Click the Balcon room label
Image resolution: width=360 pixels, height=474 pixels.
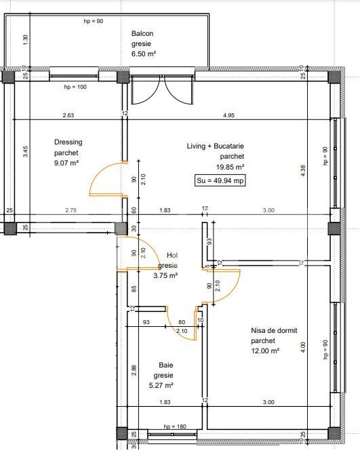click(142, 33)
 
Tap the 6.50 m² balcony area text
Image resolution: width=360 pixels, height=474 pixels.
click(144, 54)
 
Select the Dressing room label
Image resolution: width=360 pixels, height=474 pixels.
click(68, 142)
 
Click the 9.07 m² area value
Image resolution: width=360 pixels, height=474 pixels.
click(66, 163)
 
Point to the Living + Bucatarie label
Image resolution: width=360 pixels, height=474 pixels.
click(216, 146)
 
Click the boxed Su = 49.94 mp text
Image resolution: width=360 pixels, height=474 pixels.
click(220, 180)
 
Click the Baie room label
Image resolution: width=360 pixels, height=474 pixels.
click(165, 365)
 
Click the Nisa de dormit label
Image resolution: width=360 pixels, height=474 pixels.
click(274, 331)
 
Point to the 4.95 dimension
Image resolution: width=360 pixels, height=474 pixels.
click(228, 115)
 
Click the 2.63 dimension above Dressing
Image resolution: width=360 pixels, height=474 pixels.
click(68, 115)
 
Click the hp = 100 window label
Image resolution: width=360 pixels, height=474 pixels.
click(76, 87)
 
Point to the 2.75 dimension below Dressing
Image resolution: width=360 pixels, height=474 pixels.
click(71, 211)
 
